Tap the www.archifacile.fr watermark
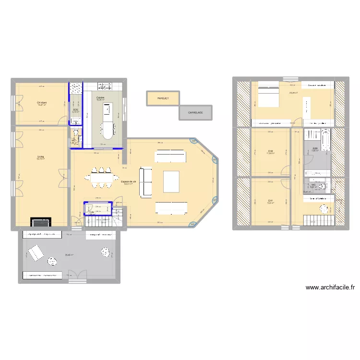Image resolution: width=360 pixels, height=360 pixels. point(330,288)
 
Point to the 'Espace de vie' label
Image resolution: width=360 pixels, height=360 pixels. point(128,182)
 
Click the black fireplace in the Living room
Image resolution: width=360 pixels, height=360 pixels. point(41,222)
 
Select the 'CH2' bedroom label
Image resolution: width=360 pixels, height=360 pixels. point(270,152)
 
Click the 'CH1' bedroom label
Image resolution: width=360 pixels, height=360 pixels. point(270,201)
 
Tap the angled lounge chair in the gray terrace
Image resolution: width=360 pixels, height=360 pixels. point(36,252)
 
